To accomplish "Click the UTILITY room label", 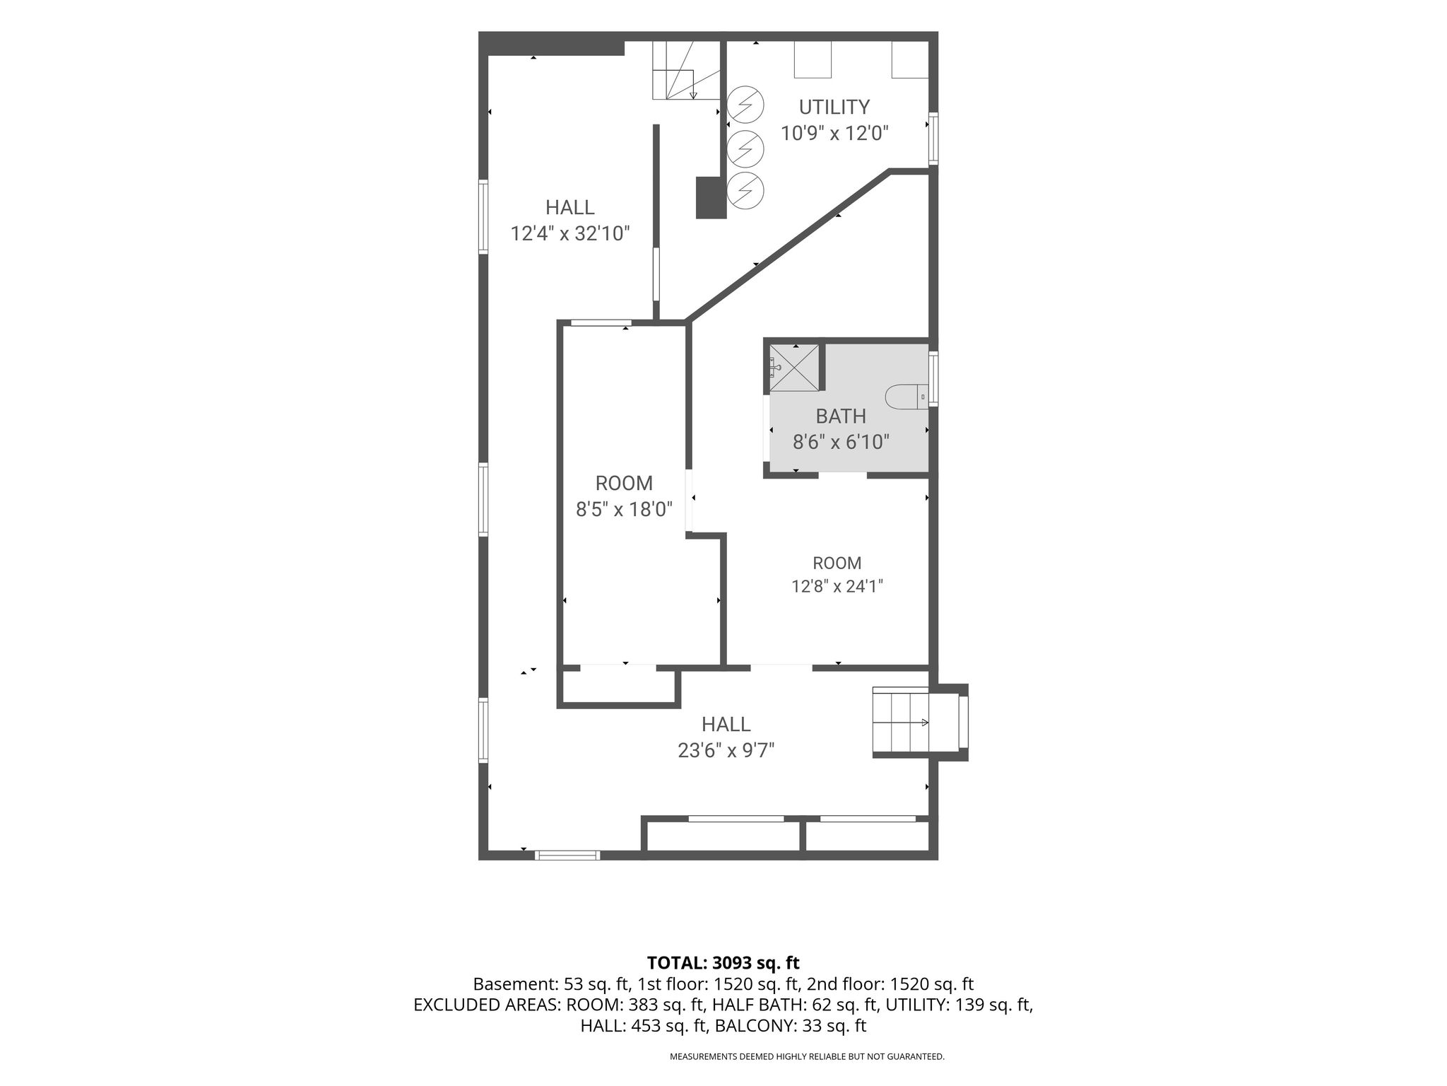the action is pyautogui.click(x=834, y=107).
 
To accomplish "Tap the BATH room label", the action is pyautogui.click(x=841, y=416).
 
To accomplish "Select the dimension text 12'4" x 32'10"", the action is pyautogui.click(x=570, y=233).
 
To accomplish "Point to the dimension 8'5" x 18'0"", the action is pyautogui.click(x=624, y=509).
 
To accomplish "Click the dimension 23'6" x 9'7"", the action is pyautogui.click(x=726, y=750).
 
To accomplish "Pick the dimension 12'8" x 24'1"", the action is pyautogui.click(x=837, y=586).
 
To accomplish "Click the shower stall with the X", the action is pyautogui.click(x=794, y=367).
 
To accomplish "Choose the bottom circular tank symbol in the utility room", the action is pyautogui.click(x=745, y=189).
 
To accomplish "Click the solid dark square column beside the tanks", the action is pyautogui.click(x=711, y=197).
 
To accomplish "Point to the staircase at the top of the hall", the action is pyautogui.click(x=685, y=71).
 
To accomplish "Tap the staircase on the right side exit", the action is pyautogui.click(x=901, y=722).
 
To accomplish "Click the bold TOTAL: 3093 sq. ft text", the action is pyautogui.click(x=723, y=962).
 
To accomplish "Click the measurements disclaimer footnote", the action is pyautogui.click(x=807, y=1057).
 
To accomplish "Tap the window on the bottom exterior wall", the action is pyautogui.click(x=567, y=856).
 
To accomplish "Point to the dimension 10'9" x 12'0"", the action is pyautogui.click(x=834, y=133).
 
